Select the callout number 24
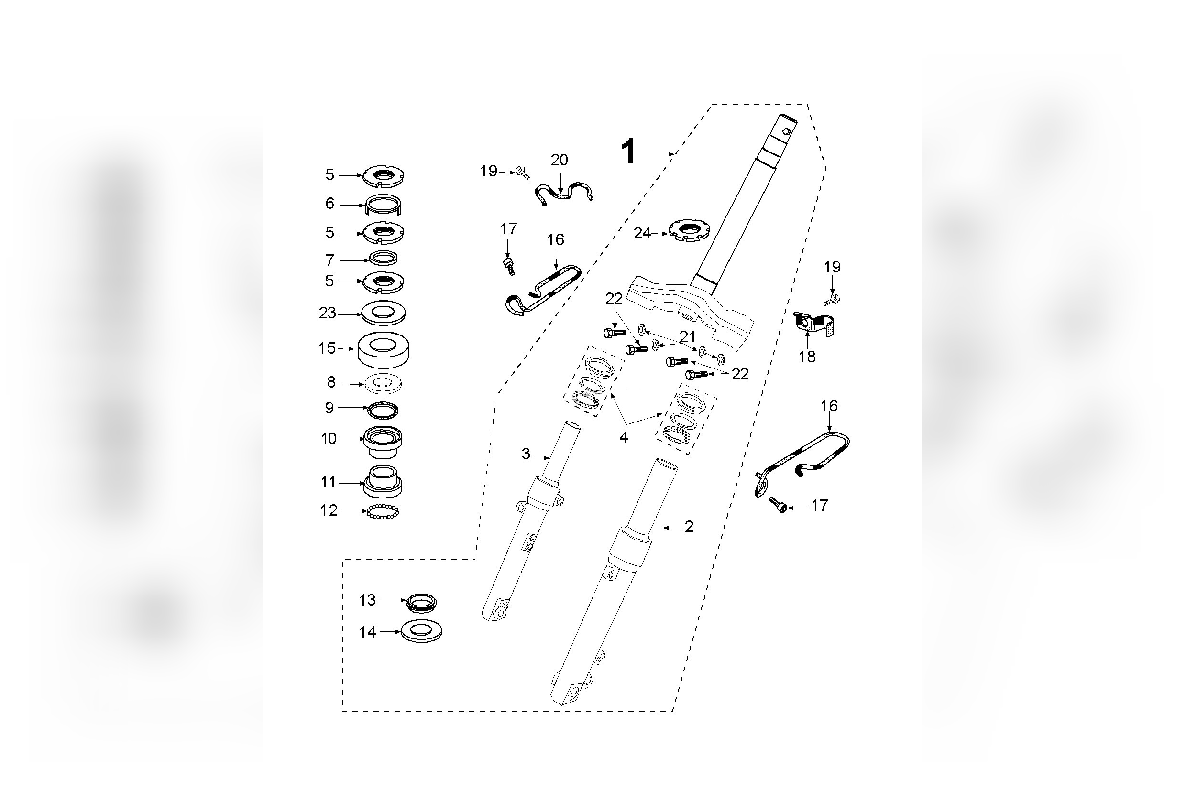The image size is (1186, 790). [x=642, y=233]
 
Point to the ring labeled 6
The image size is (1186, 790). [x=384, y=204]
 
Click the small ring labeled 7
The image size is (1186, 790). [x=383, y=259]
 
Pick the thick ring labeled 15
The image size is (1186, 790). [x=383, y=349]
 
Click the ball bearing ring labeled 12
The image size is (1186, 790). [x=383, y=512]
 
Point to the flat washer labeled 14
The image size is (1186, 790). [x=421, y=631]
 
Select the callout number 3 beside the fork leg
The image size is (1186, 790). [x=526, y=454]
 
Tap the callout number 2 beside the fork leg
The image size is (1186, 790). [x=689, y=527]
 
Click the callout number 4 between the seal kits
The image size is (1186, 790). [x=624, y=437]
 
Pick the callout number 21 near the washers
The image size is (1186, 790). [x=688, y=336]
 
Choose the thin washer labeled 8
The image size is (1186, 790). [x=383, y=384]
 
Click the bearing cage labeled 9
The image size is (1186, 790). [x=383, y=408]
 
